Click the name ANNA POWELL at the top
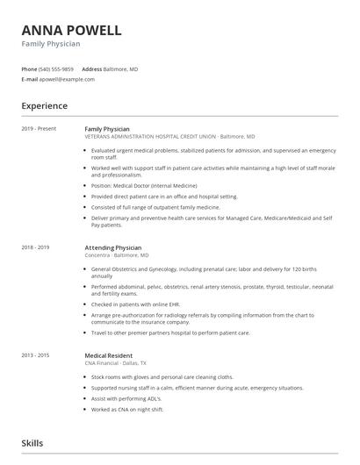[x=71, y=30]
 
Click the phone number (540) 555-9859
[x=57, y=68]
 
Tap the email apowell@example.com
[x=67, y=79]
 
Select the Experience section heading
[x=45, y=106]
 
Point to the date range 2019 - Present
[x=39, y=129]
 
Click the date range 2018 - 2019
[x=36, y=248]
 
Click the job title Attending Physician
[x=113, y=248]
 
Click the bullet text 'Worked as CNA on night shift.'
[x=128, y=410]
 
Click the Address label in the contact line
[x=92, y=68]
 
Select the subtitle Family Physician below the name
[x=51, y=44]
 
